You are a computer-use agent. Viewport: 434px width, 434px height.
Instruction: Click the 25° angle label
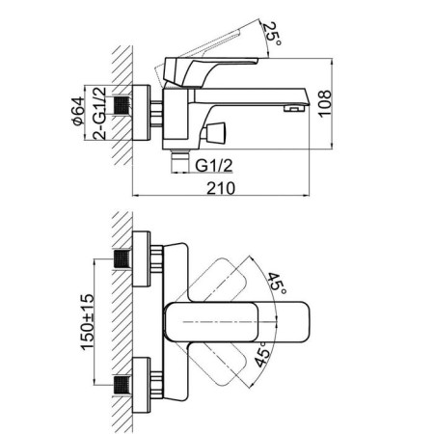[x=272, y=34]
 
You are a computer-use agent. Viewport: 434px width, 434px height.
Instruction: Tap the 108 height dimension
[x=325, y=103]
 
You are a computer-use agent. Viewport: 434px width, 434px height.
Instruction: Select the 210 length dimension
[x=221, y=188]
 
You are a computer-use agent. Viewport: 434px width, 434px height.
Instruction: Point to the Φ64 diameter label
[x=79, y=111]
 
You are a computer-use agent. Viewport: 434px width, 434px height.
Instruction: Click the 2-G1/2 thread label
[x=99, y=113]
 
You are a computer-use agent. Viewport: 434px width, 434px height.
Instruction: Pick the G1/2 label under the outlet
[x=214, y=166]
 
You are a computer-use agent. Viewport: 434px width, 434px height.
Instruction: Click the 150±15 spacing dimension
[x=88, y=321]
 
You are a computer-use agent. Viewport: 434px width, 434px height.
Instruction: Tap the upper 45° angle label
[x=277, y=284]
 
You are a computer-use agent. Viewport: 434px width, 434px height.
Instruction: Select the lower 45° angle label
[x=262, y=355]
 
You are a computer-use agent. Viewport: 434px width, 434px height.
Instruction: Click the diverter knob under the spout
[x=215, y=132]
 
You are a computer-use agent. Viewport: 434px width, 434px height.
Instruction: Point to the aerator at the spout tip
[x=294, y=109]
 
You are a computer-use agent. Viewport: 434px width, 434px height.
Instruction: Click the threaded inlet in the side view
[x=122, y=105]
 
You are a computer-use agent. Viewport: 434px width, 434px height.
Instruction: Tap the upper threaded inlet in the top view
[x=122, y=258]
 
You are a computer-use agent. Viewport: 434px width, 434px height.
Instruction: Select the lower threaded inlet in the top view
[x=122, y=385]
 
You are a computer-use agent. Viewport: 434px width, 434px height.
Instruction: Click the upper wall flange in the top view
[x=141, y=258]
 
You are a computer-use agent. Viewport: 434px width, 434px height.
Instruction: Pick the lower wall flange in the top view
[x=141, y=385]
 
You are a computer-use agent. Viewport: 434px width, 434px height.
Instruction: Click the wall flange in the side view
[x=141, y=113]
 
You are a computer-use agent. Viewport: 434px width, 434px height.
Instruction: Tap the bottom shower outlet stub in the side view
[x=180, y=161]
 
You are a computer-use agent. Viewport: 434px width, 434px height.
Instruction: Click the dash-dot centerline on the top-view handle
[x=231, y=321]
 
